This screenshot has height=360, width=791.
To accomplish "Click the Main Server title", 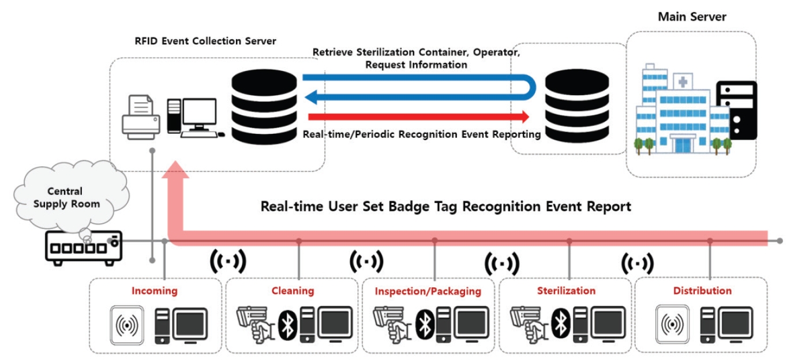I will click(x=692, y=17).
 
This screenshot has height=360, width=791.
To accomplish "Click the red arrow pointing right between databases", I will click(x=418, y=117).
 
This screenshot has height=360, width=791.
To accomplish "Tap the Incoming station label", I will click(x=155, y=291).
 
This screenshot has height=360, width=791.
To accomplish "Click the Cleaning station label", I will click(x=293, y=291).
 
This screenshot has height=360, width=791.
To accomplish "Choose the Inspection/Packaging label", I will click(x=428, y=291).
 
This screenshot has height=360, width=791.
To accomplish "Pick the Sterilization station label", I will click(x=566, y=291).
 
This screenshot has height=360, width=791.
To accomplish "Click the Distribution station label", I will click(x=702, y=291).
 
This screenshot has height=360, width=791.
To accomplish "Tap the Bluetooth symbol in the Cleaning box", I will click(x=287, y=324).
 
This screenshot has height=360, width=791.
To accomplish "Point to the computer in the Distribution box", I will click(x=728, y=325).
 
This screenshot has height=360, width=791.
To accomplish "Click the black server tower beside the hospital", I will click(x=736, y=110).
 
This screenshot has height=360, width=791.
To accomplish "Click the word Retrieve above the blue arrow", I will click(x=332, y=52).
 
